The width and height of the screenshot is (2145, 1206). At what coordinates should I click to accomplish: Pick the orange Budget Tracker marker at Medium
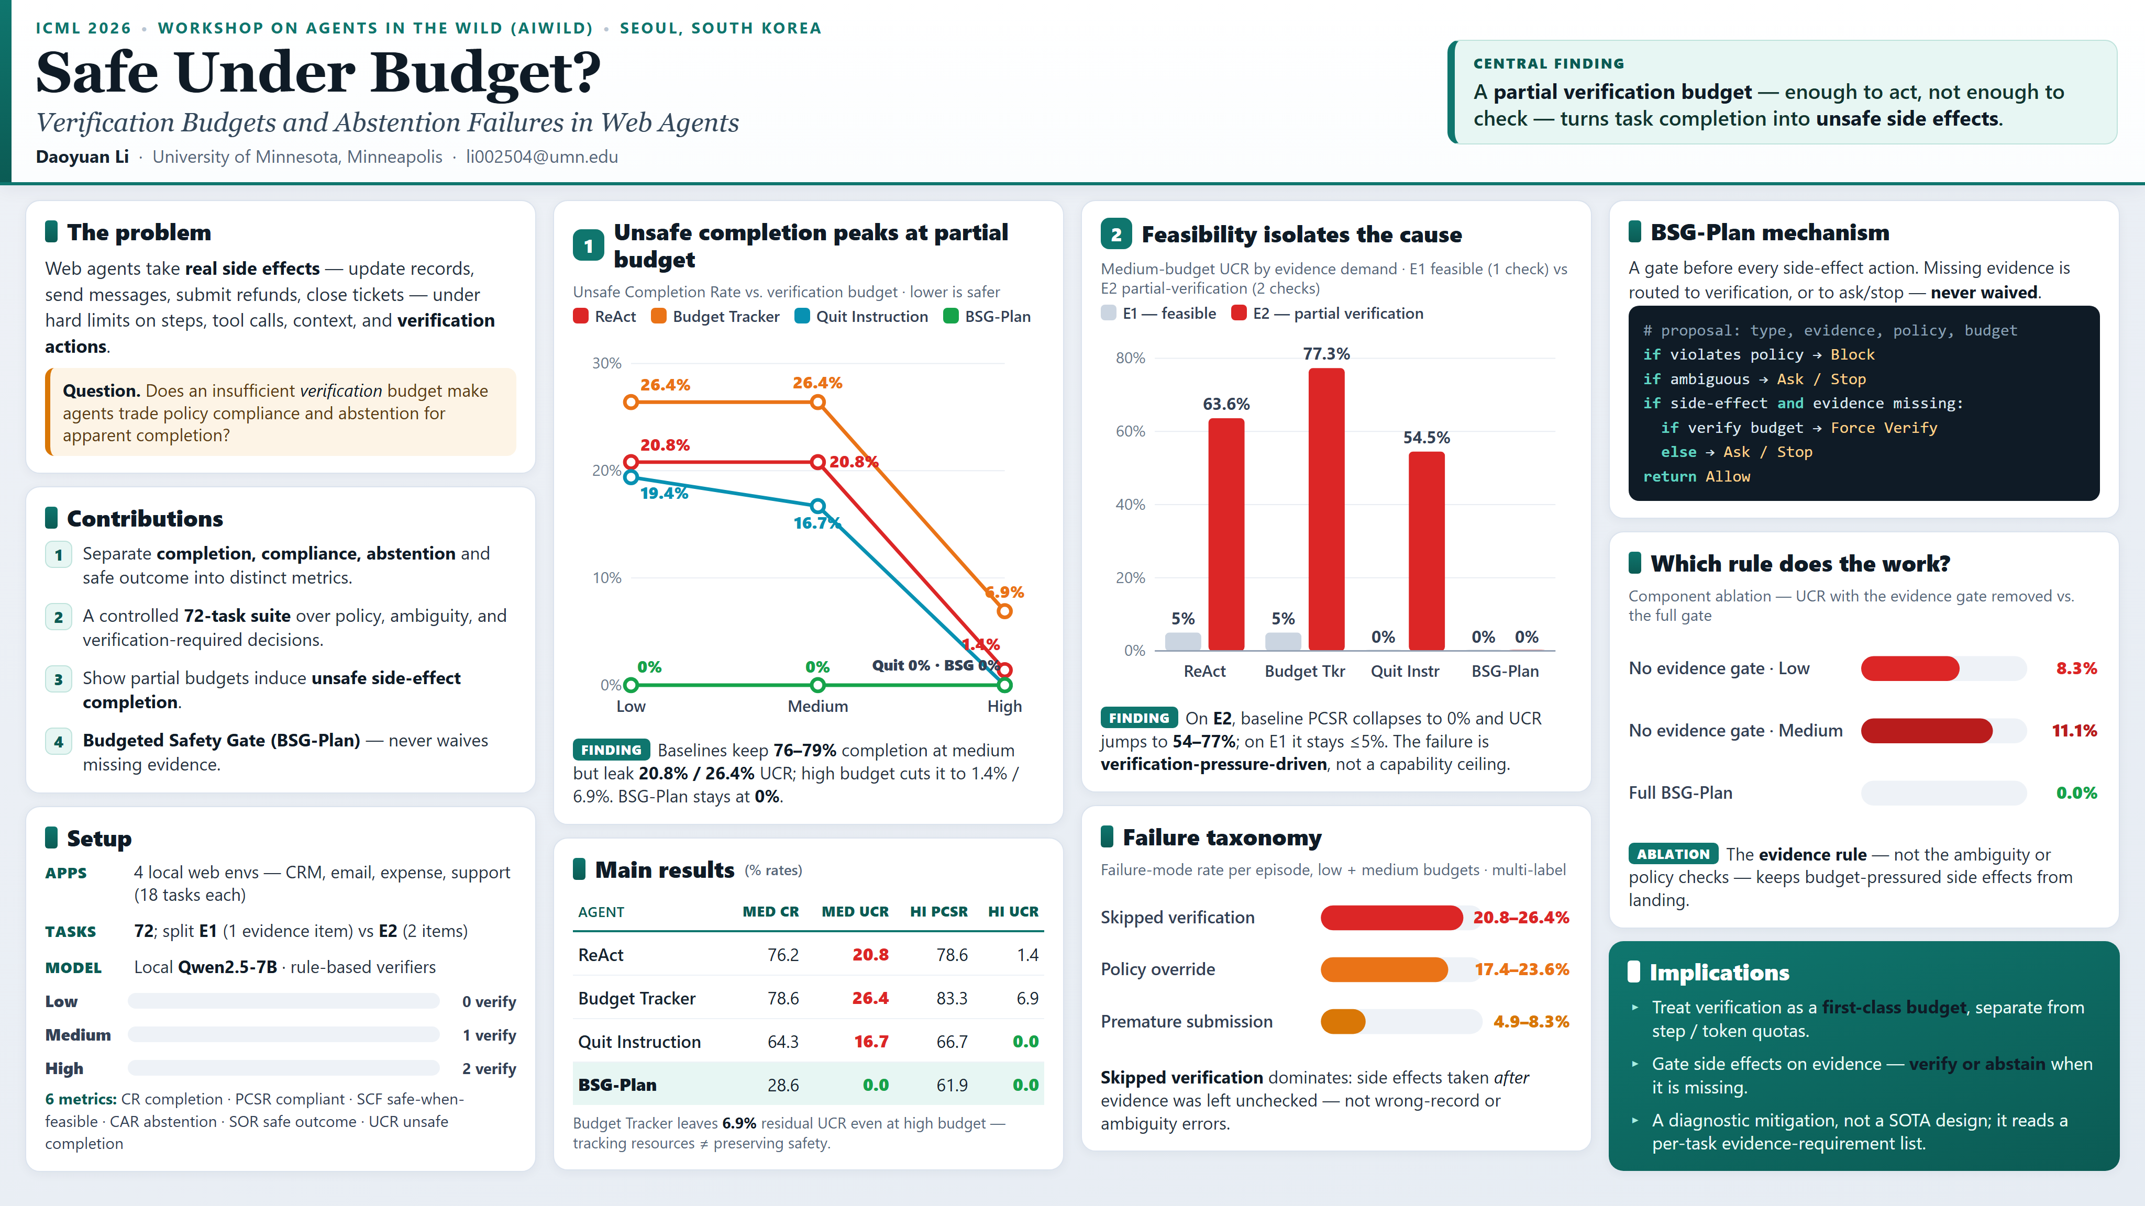817,403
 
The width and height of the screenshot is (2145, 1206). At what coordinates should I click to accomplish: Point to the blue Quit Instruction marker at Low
631,477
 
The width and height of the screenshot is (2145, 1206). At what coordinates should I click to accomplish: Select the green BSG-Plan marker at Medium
817,685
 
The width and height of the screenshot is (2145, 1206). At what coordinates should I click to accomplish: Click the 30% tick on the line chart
606,363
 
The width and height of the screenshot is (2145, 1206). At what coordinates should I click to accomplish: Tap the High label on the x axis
1004,706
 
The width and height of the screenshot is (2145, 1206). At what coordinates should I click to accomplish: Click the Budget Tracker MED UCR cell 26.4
870,998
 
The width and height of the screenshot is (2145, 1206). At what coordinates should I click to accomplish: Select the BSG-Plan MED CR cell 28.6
783,1085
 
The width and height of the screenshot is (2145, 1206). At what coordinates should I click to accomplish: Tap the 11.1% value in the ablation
2073,731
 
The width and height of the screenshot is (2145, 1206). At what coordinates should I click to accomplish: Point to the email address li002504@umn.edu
541,157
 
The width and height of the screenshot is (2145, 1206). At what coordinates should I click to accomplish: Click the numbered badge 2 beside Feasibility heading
1116,234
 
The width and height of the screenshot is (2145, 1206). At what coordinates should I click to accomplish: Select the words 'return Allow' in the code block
1696,476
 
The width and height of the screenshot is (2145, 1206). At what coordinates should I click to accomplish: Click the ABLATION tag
1673,854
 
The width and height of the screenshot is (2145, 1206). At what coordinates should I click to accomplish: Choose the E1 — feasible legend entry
1158,313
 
